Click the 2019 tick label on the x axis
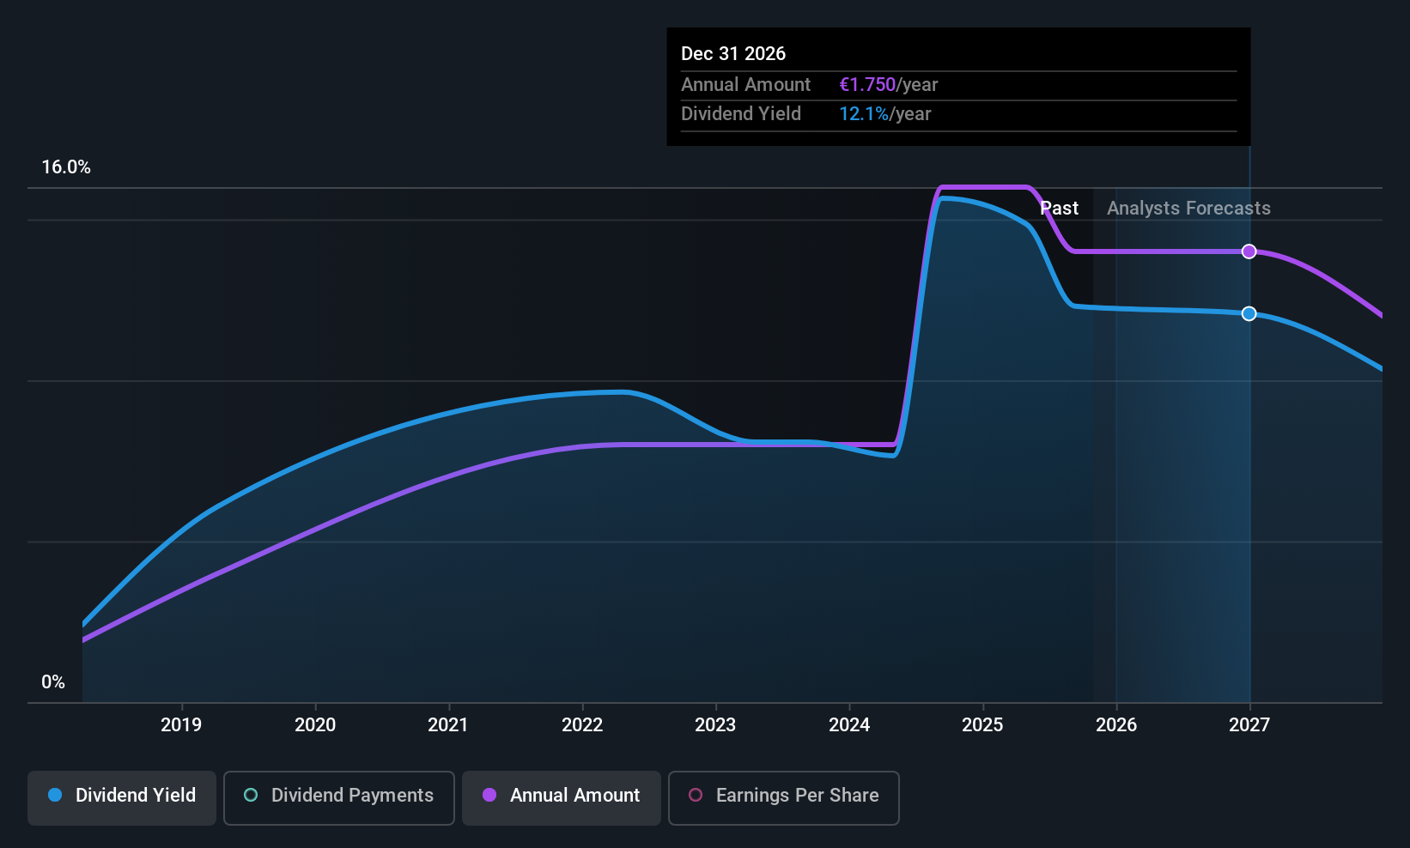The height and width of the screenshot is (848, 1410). pyautogui.click(x=181, y=724)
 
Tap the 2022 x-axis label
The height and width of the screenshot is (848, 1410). pyautogui.click(x=582, y=724)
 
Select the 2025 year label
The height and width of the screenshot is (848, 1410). pyautogui.click(x=982, y=724)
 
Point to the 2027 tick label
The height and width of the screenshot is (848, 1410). pyautogui.click(x=1249, y=724)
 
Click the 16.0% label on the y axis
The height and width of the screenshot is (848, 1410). pyautogui.click(x=66, y=167)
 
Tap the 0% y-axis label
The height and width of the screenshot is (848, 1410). pyautogui.click(x=53, y=682)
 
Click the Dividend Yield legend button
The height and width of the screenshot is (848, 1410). pyautogui.click(x=122, y=796)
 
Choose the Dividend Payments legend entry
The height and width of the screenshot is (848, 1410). pyautogui.click(x=339, y=796)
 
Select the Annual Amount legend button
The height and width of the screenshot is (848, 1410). pyautogui.click(x=562, y=796)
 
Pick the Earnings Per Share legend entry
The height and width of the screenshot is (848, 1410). pyautogui.click(x=783, y=796)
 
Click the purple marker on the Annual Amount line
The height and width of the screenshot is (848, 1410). pyautogui.click(x=1249, y=251)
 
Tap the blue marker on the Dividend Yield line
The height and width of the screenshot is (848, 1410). pyautogui.click(x=1249, y=314)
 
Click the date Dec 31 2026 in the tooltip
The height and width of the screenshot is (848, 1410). pyautogui.click(x=733, y=54)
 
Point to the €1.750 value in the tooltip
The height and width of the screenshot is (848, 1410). pyautogui.click(x=867, y=85)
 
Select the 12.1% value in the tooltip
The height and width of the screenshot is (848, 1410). pyautogui.click(x=864, y=114)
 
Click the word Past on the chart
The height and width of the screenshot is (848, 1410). pyautogui.click(x=1060, y=209)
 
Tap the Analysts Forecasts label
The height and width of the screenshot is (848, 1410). pyautogui.click(x=1188, y=209)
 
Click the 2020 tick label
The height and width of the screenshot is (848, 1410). pyautogui.click(x=315, y=724)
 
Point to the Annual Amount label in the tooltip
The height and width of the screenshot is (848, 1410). pyautogui.click(x=745, y=85)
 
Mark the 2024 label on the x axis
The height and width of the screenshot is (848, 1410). pyautogui.click(x=849, y=724)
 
